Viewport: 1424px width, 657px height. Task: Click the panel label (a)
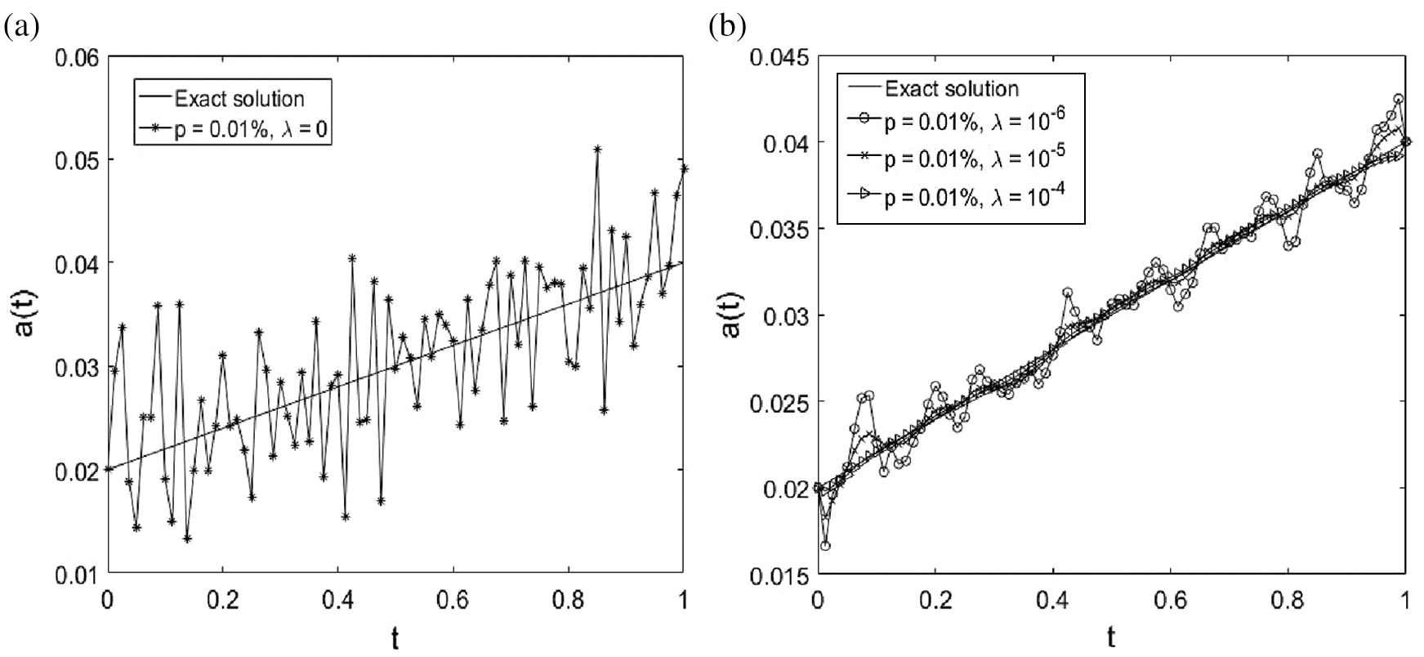pyautogui.click(x=21, y=28)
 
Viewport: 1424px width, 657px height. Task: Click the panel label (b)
pyautogui.click(x=727, y=28)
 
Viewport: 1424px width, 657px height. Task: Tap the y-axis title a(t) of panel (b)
pyautogui.click(x=730, y=316)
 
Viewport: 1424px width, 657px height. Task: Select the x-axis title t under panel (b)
pyautogui.click(x=1111, y=636)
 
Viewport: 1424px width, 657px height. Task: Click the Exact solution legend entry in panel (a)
pyautogui.click(x=239, y=99)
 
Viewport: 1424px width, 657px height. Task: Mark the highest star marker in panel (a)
pyautogui.click(x=597, y=150)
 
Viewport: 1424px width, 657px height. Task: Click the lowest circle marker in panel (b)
pyautogui.click(x=825, y=545)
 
